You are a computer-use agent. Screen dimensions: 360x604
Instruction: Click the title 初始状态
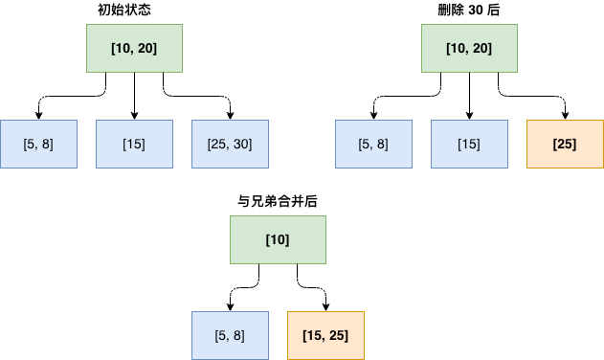(134, 10)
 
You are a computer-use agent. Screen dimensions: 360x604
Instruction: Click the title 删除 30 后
(469, 10)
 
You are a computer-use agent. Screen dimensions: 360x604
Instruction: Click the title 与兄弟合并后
(278, 201)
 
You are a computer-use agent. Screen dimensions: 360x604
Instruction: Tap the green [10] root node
(278, 239)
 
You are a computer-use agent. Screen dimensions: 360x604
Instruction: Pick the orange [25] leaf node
(565, 144)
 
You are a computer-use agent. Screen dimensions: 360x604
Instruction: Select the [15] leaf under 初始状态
(134, 144)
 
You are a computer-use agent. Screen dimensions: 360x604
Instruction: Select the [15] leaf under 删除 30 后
(469, 144)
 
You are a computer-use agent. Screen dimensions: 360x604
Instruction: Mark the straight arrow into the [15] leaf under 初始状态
(134, 96)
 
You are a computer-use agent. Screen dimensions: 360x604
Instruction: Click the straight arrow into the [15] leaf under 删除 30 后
(469, 96)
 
